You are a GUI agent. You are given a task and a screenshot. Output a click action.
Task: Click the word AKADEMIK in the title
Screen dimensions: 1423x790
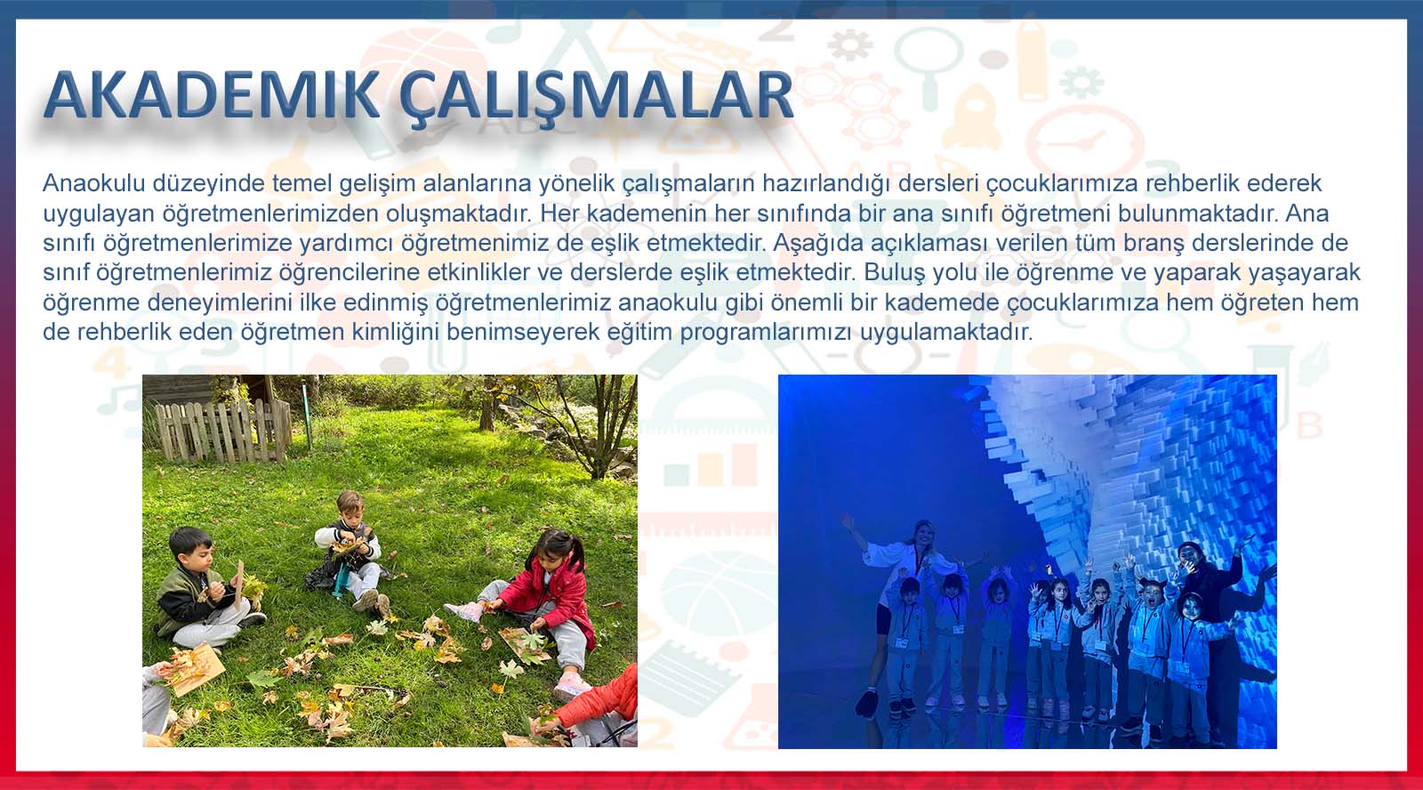point(212,95)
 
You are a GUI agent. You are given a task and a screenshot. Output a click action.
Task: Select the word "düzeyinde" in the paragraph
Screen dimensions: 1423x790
point(209,183)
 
